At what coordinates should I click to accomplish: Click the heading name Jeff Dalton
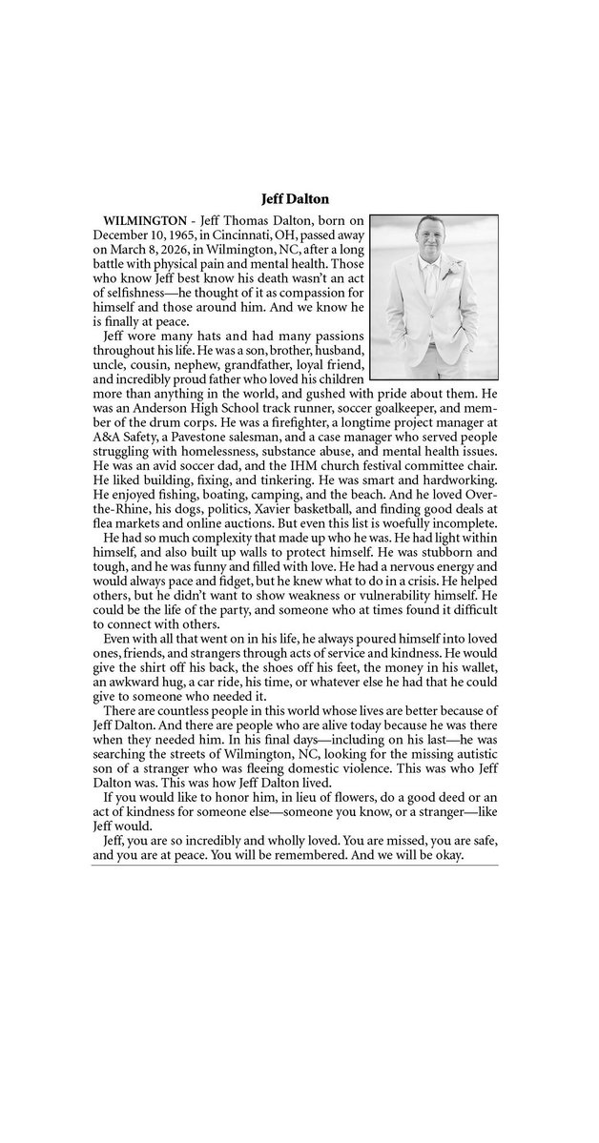tap(299, 199)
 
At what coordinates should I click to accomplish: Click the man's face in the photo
tap(430, 235)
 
